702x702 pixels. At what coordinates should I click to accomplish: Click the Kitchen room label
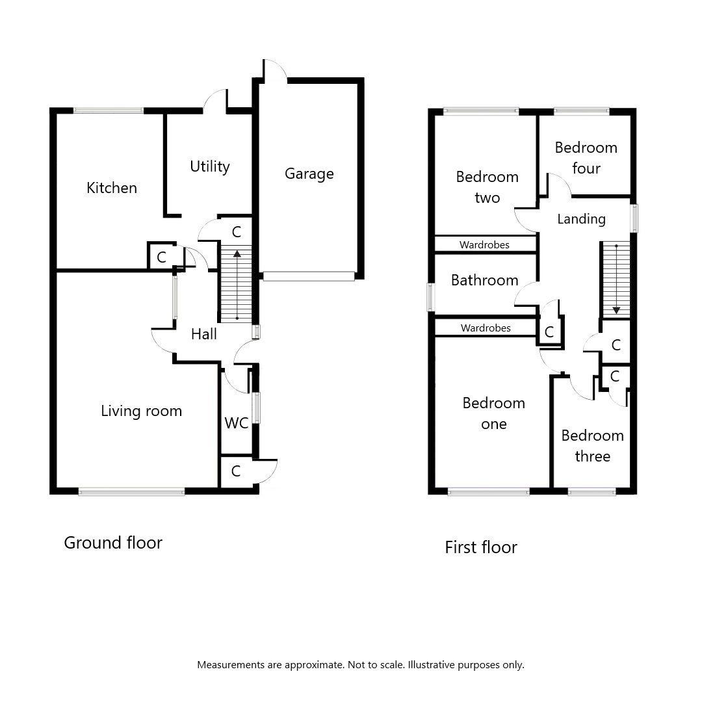pos(112,188)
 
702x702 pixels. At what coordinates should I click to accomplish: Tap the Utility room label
pos(209,166)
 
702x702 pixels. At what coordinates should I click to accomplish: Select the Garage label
pos(309,174)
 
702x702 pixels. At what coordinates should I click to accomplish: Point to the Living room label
pos(141,411)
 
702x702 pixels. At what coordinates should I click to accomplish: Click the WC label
pos(236,423)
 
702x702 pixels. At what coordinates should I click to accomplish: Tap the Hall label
pos(203,334)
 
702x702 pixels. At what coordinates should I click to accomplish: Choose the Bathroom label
pos(484,280)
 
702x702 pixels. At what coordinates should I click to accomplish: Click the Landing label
pos(581,219)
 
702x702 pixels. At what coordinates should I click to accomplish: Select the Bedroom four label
pos(586,158)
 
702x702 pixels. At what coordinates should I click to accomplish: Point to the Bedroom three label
pos(592,446)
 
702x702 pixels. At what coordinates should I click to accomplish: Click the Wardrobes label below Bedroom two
pos(484,245)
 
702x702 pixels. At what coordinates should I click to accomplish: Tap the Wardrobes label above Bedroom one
pos(486,328)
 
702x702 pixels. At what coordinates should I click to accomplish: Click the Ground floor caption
pos(112,543)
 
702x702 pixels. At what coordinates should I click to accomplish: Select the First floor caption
pos(480,547)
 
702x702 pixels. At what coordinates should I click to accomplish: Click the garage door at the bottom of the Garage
pos(309,276)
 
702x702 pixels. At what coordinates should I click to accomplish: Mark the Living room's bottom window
pos(131,492)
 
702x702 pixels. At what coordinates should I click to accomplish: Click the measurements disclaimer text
pos(360,665)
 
